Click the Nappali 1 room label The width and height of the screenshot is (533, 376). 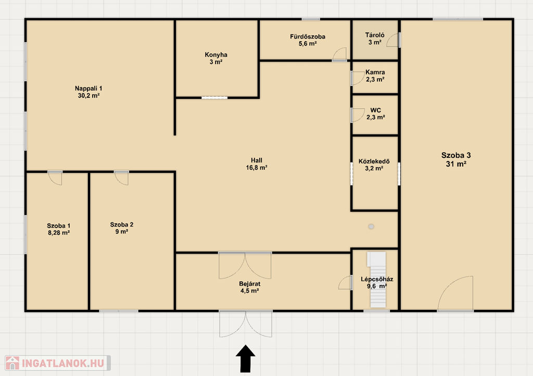point(88,89)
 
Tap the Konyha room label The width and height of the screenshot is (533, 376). point(216,55)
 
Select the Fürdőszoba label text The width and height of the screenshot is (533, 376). point(308,36)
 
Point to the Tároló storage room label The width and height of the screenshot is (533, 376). point(375,35)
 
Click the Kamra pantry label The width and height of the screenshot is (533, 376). point(375,72)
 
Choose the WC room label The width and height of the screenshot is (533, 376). point(376,110)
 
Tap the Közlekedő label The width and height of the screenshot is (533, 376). point(374,161)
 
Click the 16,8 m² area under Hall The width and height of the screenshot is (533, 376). point(256,168)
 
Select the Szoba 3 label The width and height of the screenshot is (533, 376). point(456,155)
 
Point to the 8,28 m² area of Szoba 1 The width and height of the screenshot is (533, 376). point(59,233)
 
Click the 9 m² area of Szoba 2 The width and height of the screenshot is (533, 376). point(122,232)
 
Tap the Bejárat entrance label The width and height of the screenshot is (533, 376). point(249,283)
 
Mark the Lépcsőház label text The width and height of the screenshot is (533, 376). point(377,279)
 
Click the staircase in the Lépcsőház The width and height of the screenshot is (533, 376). point(377,280)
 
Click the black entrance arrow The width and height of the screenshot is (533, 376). point(246,359)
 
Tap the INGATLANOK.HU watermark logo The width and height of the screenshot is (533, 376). point(57,363)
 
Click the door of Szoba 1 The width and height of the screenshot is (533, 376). point(55,178)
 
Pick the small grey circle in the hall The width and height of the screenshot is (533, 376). point(371,227)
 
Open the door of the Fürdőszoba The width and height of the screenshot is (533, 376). point(339,54)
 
